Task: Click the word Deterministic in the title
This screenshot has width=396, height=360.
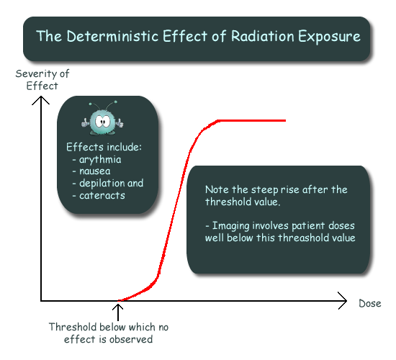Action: click(112, 36)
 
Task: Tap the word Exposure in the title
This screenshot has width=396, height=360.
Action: click(329, 37)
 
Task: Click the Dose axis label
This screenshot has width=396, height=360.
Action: click(370, 303)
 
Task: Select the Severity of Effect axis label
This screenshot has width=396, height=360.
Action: click(42, 80)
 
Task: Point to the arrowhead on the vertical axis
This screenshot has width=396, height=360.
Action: click(40, 100)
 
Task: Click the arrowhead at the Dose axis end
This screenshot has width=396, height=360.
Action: click(343, 301)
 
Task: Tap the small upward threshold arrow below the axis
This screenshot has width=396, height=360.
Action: click(118, 312)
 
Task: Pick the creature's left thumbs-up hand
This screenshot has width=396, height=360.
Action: click(86, 123)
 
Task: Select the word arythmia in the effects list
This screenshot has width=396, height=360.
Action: click(100, 160)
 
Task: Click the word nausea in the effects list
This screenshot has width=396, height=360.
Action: click(95, 171)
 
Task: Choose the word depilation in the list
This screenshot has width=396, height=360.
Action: click(102, 184)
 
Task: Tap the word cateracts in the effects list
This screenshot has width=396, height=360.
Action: click(102, 195)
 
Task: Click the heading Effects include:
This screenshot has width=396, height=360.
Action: click(104, 147)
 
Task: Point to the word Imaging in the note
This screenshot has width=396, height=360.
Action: click(230, 226)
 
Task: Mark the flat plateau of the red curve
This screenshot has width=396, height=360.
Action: click(251, 120)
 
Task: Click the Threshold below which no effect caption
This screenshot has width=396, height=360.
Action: click(108, 333)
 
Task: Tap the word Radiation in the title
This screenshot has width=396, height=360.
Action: click(263, 36)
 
